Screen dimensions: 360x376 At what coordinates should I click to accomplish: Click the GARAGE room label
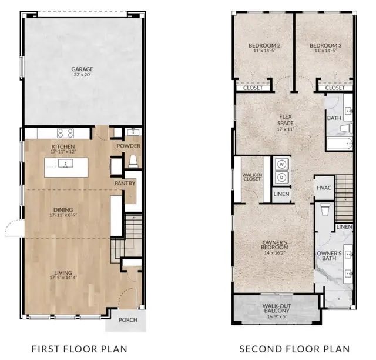pos(82,69)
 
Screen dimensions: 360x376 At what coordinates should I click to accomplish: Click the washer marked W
pos(281,165)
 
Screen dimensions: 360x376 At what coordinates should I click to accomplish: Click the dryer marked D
pos(281,177)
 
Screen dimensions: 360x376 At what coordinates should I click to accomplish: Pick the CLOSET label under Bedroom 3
pos(335,88)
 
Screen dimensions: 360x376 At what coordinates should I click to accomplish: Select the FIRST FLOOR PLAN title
pos(80,349)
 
